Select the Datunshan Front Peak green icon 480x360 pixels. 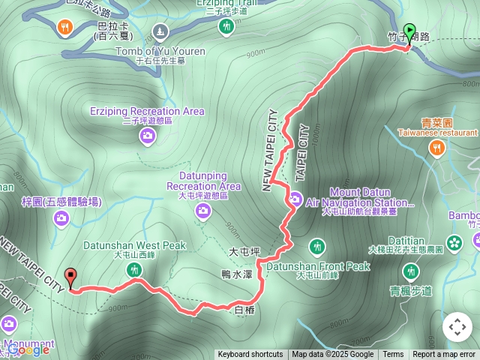pyautogui.click(x=317, y=246)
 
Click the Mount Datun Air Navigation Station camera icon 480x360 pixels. pyautogui.click(x=295, y=199)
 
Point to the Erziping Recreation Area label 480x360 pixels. pyautogui.click(x=147, y=111)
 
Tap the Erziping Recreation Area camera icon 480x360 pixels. pyautogui.click(x=148, y=135)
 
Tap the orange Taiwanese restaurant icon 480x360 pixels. pyautogui.click(x=436, y=148)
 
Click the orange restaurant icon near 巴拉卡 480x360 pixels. pyautogui.click(x=65, y=28)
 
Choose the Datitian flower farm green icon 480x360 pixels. pyautogui.click(x=453, y=241)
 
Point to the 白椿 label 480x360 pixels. pyautogui.click(x=245, y=309)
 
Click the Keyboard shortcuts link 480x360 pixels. pyautogui.click(x=250, y=355)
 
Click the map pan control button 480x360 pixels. pyautogui.click(x=457, y=327)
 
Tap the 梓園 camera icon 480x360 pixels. pyautogui.click(x=61, y=218)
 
